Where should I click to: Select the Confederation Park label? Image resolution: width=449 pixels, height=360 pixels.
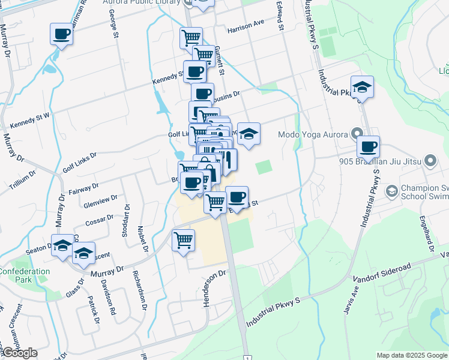(x=24, y=275)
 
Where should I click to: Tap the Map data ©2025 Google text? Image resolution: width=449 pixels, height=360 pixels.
(x=412, y=355)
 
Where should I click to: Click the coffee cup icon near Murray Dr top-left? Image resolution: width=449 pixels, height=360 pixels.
(x=61, y=34)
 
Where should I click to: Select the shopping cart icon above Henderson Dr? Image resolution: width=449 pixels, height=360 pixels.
(x=183, y=241)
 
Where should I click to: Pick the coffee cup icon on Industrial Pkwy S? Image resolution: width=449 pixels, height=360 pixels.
(x=368, y=146)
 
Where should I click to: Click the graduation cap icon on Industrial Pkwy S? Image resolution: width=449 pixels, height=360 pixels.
(x=362, y=87)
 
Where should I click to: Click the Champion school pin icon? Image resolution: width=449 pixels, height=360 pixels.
(x=392, y=191)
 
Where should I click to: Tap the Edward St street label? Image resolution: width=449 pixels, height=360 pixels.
(x=280, y=16)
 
